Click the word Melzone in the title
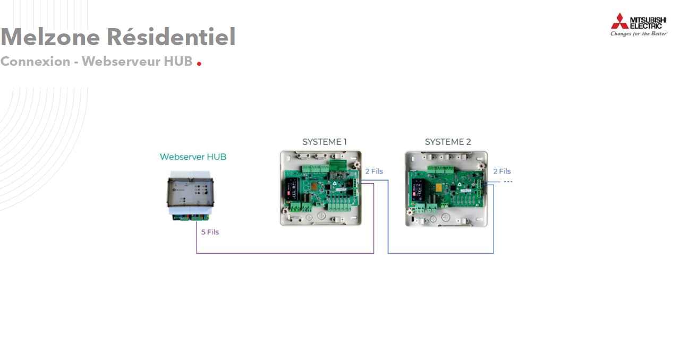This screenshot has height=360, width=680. click(50, 37)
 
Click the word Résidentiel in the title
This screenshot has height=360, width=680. click(171, 37)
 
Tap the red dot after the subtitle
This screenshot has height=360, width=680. click(199, 64)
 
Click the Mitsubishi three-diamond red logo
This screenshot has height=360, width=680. click(619, 21)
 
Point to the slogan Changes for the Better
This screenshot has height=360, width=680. click(639, 34)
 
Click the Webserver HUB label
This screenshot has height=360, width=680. click(193, 157)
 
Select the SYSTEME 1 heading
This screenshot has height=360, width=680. click(324, 142)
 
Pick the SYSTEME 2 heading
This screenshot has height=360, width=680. click(448, 142)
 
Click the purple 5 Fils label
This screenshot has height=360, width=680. click(210, 232)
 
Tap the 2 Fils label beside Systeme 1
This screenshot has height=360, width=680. click(374, 172)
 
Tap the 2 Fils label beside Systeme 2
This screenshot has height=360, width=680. click(502, 172)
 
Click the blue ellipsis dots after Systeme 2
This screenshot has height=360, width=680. click(508, 182)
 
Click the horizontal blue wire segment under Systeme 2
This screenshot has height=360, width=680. click(440, 253)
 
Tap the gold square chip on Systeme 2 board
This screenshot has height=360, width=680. click(439, 187)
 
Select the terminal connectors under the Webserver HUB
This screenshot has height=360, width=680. click(190, 217)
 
